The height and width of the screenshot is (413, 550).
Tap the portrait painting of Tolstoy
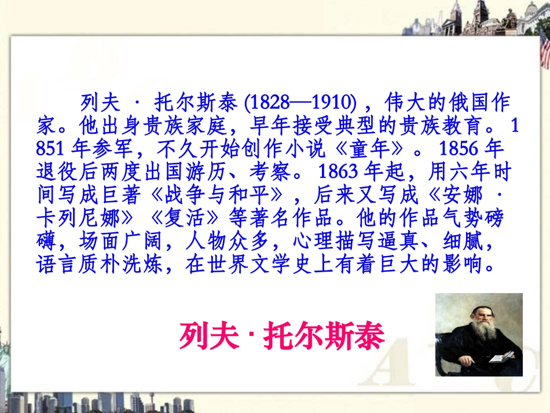point(479,334)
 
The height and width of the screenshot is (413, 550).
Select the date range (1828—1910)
point(300,103)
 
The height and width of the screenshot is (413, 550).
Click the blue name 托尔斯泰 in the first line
point(196,103)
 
